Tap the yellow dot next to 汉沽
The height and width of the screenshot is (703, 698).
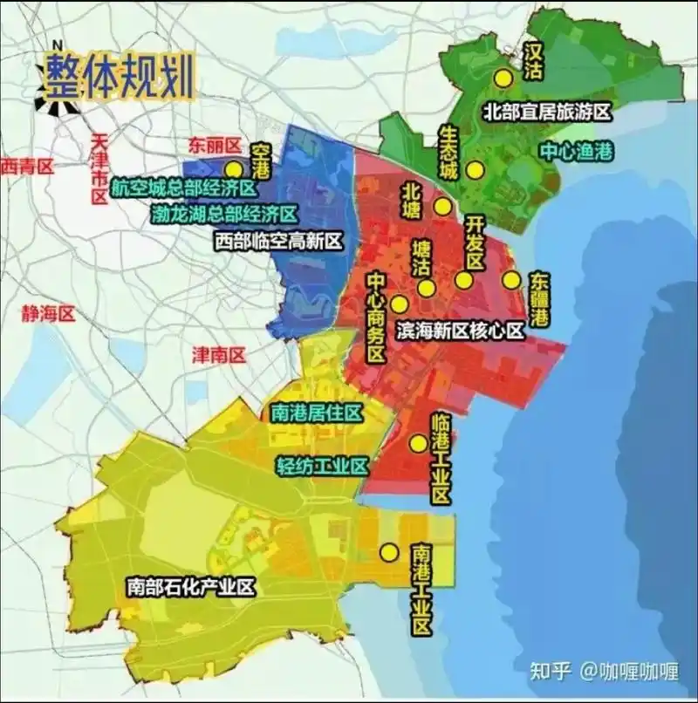click(502, 78)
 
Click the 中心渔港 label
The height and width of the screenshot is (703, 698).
click(577, 151)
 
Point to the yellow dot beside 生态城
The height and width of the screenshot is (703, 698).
click(475, 171)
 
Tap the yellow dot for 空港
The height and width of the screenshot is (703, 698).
click(232, 169)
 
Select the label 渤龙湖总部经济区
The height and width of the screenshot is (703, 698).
click(223, 214)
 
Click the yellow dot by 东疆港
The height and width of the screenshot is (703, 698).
click(510, 280)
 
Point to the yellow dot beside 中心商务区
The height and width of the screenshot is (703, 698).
click(399, 304)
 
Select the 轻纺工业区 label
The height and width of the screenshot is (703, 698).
click(320, 465)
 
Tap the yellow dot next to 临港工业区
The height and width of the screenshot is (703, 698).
click(418, 443)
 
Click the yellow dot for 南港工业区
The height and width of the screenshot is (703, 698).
click(388, 552)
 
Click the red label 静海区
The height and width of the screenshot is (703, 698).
click(49, 314)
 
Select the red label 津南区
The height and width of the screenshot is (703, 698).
click(219, 354)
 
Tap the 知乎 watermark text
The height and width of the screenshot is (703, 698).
click(551, 671)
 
